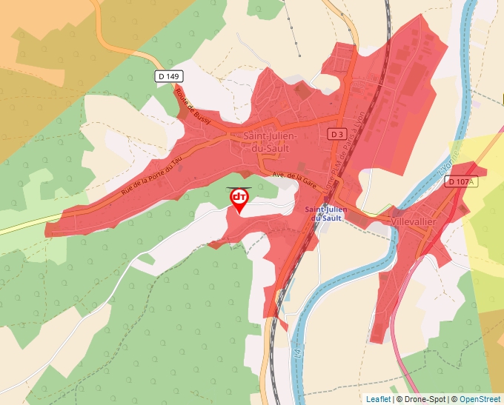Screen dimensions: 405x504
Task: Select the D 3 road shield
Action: [x=337, y=134]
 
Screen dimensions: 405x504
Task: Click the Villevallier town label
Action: [x=413, y=221]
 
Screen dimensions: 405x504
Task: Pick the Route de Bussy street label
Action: [x=193, y=105]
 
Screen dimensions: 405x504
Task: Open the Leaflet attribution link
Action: [x=378, y=399]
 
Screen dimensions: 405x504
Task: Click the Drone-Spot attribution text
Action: [x=422, y=399]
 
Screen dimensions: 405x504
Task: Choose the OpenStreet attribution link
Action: [x=480, y=399]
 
